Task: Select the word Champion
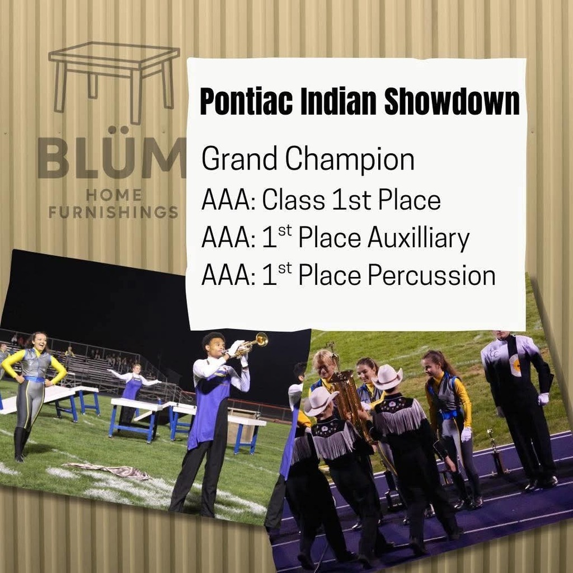pos(349,159)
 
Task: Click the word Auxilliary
pos(419,238)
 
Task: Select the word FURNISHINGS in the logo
pos(113,213)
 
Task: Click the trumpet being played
pos(251,344)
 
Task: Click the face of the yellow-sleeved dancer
pos(40,342)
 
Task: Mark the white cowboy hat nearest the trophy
pos(387,378)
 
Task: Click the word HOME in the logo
pos(114,195)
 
